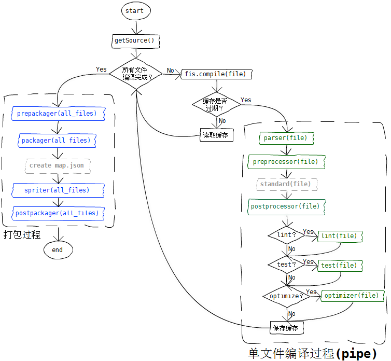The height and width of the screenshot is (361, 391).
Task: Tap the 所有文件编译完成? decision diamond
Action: [x=135, y=74]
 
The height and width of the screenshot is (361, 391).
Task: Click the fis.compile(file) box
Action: [x=216, y=74]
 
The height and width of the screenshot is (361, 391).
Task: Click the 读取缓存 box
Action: [x=216, y=135]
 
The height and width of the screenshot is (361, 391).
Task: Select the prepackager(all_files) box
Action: [x=57, y=113]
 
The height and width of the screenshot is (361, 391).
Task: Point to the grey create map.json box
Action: [x=57, y=165]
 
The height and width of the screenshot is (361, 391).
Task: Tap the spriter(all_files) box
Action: [x=57, y=190]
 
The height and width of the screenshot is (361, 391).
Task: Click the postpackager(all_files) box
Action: [x=57, y=213]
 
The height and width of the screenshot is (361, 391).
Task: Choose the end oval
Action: [x=57, y=249]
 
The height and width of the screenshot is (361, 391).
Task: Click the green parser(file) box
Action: [x=286, y=138]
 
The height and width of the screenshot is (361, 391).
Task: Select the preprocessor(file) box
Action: [x=286, y=162]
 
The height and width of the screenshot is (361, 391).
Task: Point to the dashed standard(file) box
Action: [x=286, y=184]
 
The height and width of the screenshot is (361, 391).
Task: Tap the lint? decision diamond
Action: [x=286, y=235]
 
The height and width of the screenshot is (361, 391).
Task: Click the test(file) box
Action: [x=339, y=266]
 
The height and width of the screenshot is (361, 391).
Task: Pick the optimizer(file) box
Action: [x=353, y=296]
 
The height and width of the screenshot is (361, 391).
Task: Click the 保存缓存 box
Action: [x=286, y=328]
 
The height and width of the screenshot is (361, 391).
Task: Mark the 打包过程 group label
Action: [x=22, y=234]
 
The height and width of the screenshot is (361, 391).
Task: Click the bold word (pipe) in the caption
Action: [x=357, y=354]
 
